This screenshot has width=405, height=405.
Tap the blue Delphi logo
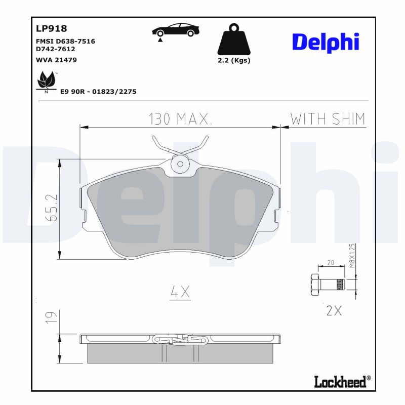326,43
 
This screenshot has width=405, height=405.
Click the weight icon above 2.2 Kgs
233,40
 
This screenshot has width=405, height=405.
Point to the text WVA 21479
56,60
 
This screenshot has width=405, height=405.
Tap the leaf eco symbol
47,80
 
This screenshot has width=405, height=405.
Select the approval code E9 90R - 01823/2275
98,92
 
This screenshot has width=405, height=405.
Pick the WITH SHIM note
328,119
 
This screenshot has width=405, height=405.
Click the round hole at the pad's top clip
180,164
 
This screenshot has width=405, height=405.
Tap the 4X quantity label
180,292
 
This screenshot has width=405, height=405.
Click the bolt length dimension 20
331,263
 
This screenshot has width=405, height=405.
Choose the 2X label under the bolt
334,311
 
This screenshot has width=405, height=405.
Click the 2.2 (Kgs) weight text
233,60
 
